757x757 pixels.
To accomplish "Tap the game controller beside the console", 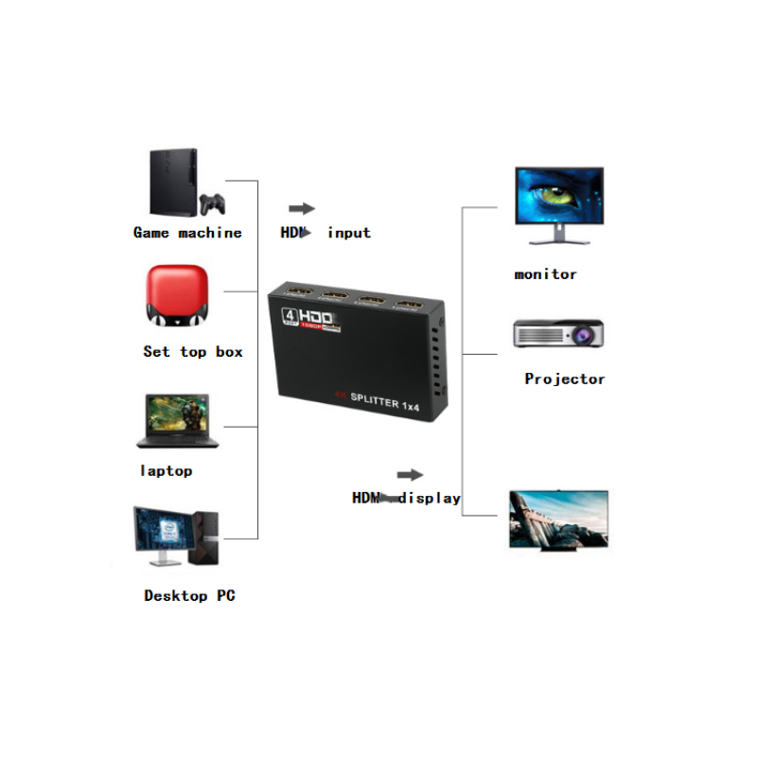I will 211,202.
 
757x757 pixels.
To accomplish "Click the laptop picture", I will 178,420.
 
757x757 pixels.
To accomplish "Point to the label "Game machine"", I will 187,233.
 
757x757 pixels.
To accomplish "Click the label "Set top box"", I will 193,352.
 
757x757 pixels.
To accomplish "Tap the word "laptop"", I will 167,470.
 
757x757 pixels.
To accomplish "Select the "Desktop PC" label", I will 189,596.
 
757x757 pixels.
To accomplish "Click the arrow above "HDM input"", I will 301,208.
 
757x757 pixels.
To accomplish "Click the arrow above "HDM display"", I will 410,475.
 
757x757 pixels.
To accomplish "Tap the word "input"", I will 349,233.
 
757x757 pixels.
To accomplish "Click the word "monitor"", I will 546,274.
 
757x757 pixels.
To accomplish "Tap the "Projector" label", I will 565,379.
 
